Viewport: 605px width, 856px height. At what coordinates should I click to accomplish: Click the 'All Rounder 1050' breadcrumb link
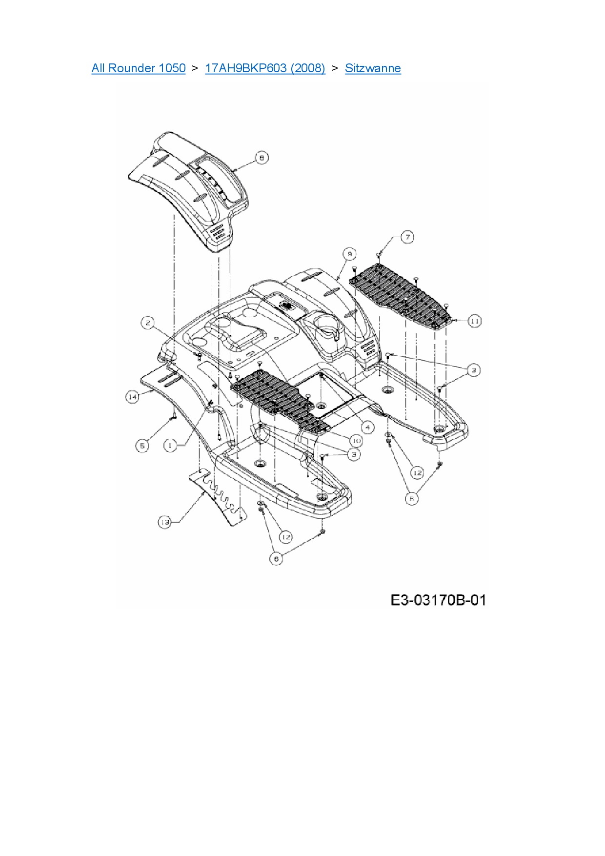[x=139, y=68]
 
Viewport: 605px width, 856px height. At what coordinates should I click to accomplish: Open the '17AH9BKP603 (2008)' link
[x=265, y=68]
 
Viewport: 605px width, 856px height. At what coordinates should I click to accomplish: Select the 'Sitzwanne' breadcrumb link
[x=373, y=68]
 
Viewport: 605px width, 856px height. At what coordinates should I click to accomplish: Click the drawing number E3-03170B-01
[x=438, y=600]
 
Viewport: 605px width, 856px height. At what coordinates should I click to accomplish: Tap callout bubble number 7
[x=407, y=237]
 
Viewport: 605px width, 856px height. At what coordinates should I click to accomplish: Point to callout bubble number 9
[x=349, y=254]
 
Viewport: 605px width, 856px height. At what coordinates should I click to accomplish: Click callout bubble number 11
[x=475, y=321]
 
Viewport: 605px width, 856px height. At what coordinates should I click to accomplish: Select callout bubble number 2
[x=148, y=323]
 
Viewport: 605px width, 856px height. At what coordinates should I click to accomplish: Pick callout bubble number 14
[x=132, y=397]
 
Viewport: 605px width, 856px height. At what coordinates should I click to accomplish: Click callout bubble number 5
[x=142, y=446]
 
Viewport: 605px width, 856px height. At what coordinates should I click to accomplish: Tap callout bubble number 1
[x=170, y=446]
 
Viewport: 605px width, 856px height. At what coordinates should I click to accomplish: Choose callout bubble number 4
[x=367, y=428]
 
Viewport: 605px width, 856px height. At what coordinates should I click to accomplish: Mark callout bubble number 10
[x=356, y=441]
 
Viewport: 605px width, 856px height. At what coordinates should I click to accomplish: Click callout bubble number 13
[x=164, y=522]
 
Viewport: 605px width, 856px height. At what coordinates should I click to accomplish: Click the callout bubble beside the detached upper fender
[x=262, y=158]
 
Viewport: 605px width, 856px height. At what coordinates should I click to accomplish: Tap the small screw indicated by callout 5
[x=172, y=417]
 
